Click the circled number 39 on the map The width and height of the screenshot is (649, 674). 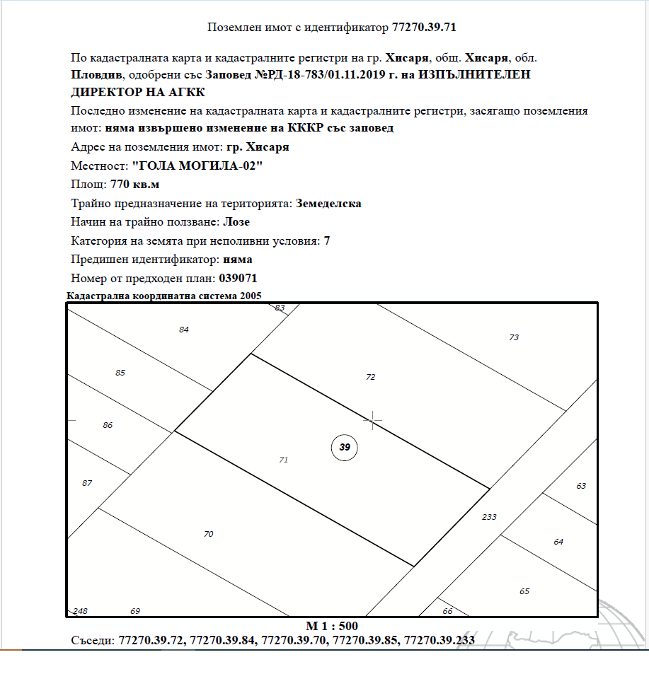(x=345, y=447)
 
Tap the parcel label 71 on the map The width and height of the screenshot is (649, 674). (x=284, y=460)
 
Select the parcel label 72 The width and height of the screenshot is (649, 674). (x=370, y=378)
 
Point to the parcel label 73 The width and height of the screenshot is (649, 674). (x=514, y=338)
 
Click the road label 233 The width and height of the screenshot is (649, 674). (x=489, y=517)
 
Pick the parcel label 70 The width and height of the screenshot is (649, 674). (x=208, y=534)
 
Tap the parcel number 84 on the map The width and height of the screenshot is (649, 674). (x=184, y=330)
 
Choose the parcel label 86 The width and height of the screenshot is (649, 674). (x=108, y=425)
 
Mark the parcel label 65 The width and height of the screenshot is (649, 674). (x=524, y=591)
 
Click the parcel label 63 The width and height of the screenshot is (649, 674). (x=581, y=487)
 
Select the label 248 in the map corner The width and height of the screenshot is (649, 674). (x=80, y=611)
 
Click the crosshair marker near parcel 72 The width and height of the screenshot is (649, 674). (x=373, y=420)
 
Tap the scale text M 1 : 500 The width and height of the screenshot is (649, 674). (x=332, y=627)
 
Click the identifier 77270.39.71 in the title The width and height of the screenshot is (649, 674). (x=428, y=28)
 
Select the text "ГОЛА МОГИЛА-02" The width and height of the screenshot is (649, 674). (x=197, y=165)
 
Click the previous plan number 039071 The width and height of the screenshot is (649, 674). (x=245, y=279)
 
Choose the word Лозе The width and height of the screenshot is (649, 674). (x=236, y=222)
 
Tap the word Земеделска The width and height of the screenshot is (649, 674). (x=328, y=204)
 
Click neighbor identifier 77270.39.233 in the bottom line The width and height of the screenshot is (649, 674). (x=439, y=641)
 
